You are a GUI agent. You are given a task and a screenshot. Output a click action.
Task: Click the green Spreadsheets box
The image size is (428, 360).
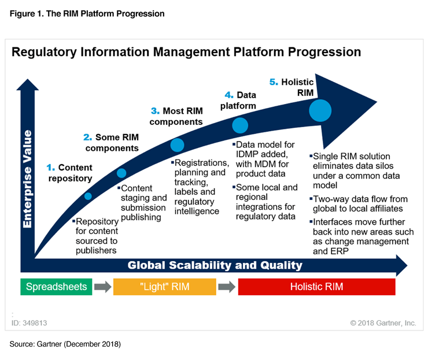(56, 287)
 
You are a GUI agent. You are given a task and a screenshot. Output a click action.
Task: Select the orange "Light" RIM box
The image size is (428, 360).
(165, 287)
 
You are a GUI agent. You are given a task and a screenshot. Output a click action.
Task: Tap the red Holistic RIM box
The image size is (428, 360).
(316, 287)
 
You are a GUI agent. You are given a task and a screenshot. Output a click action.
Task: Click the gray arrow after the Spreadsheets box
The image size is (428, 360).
(103, 287)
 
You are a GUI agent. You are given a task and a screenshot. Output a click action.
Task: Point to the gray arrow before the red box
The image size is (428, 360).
(227, 287)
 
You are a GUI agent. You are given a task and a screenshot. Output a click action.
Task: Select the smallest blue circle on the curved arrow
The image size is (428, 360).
(88, 196)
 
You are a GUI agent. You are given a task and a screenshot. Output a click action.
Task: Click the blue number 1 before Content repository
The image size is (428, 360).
(50, 168)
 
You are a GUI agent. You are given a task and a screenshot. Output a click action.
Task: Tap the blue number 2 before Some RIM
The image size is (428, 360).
(87, 137)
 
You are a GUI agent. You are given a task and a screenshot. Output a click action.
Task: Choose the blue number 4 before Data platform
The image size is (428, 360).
(229, 94)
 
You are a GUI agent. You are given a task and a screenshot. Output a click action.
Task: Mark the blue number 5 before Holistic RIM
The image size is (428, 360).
(273, 82)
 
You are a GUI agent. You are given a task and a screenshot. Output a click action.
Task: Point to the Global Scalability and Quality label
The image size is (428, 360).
(215, 265)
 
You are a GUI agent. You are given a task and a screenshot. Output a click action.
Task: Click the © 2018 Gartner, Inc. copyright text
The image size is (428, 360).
(383, 322)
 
